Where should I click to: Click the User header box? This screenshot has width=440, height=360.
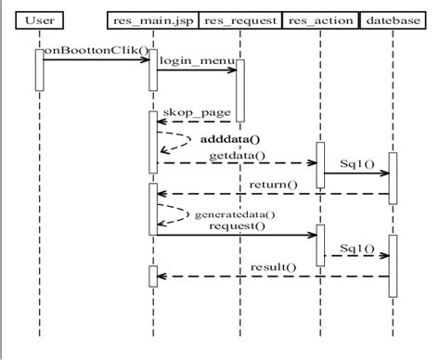click(38, 19)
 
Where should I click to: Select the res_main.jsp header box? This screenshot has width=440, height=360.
click(152, 19)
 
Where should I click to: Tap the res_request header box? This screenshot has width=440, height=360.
click(238, 19)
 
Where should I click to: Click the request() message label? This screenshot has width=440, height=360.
click(237, 225)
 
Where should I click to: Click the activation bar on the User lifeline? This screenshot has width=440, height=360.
click(39, 71)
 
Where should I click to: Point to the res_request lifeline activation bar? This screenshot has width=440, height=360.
click(238, 91)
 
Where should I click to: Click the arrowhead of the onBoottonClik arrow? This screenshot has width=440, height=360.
click(145, 61)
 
